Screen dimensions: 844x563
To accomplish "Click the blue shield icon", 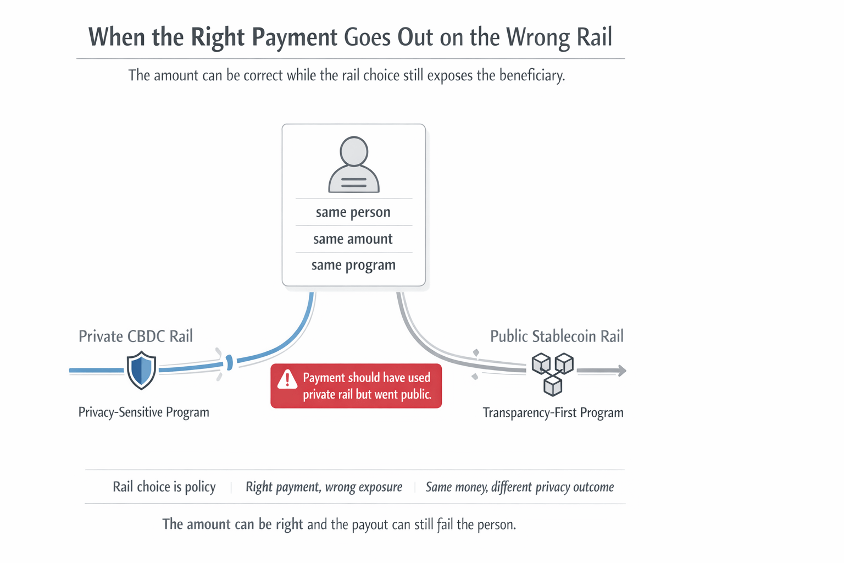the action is click(141, 371).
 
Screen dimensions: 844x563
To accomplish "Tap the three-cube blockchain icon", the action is click(553, 374).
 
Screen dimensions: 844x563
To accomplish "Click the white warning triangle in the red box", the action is click(287, 379).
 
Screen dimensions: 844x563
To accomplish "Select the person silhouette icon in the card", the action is click(354, 165).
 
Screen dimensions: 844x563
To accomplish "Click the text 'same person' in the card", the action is click(353, 212).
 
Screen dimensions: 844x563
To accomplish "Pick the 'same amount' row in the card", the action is click(353, 239).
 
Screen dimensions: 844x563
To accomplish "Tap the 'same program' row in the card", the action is click(353, 266).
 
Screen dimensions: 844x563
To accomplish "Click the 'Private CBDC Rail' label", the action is click(136, 336).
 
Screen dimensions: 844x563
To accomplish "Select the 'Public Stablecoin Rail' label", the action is click(557, 336).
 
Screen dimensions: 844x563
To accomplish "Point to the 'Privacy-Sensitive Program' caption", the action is click(144, 412).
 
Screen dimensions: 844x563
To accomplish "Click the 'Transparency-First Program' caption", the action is click(553, 413).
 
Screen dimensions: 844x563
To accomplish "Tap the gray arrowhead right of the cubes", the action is click(621, 371).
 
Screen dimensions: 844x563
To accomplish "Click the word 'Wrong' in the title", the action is click(537, 37).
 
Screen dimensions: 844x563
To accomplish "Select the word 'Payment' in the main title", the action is click(295, 37).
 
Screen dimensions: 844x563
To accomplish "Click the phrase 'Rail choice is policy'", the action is click(164, 487).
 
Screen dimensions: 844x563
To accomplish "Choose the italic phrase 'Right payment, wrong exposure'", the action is click(324, 487).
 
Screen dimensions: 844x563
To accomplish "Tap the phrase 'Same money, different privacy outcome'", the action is click(520, 487).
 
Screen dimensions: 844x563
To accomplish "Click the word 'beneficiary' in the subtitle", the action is click(531, 75).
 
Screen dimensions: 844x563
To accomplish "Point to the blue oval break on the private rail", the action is click(230, 362).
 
